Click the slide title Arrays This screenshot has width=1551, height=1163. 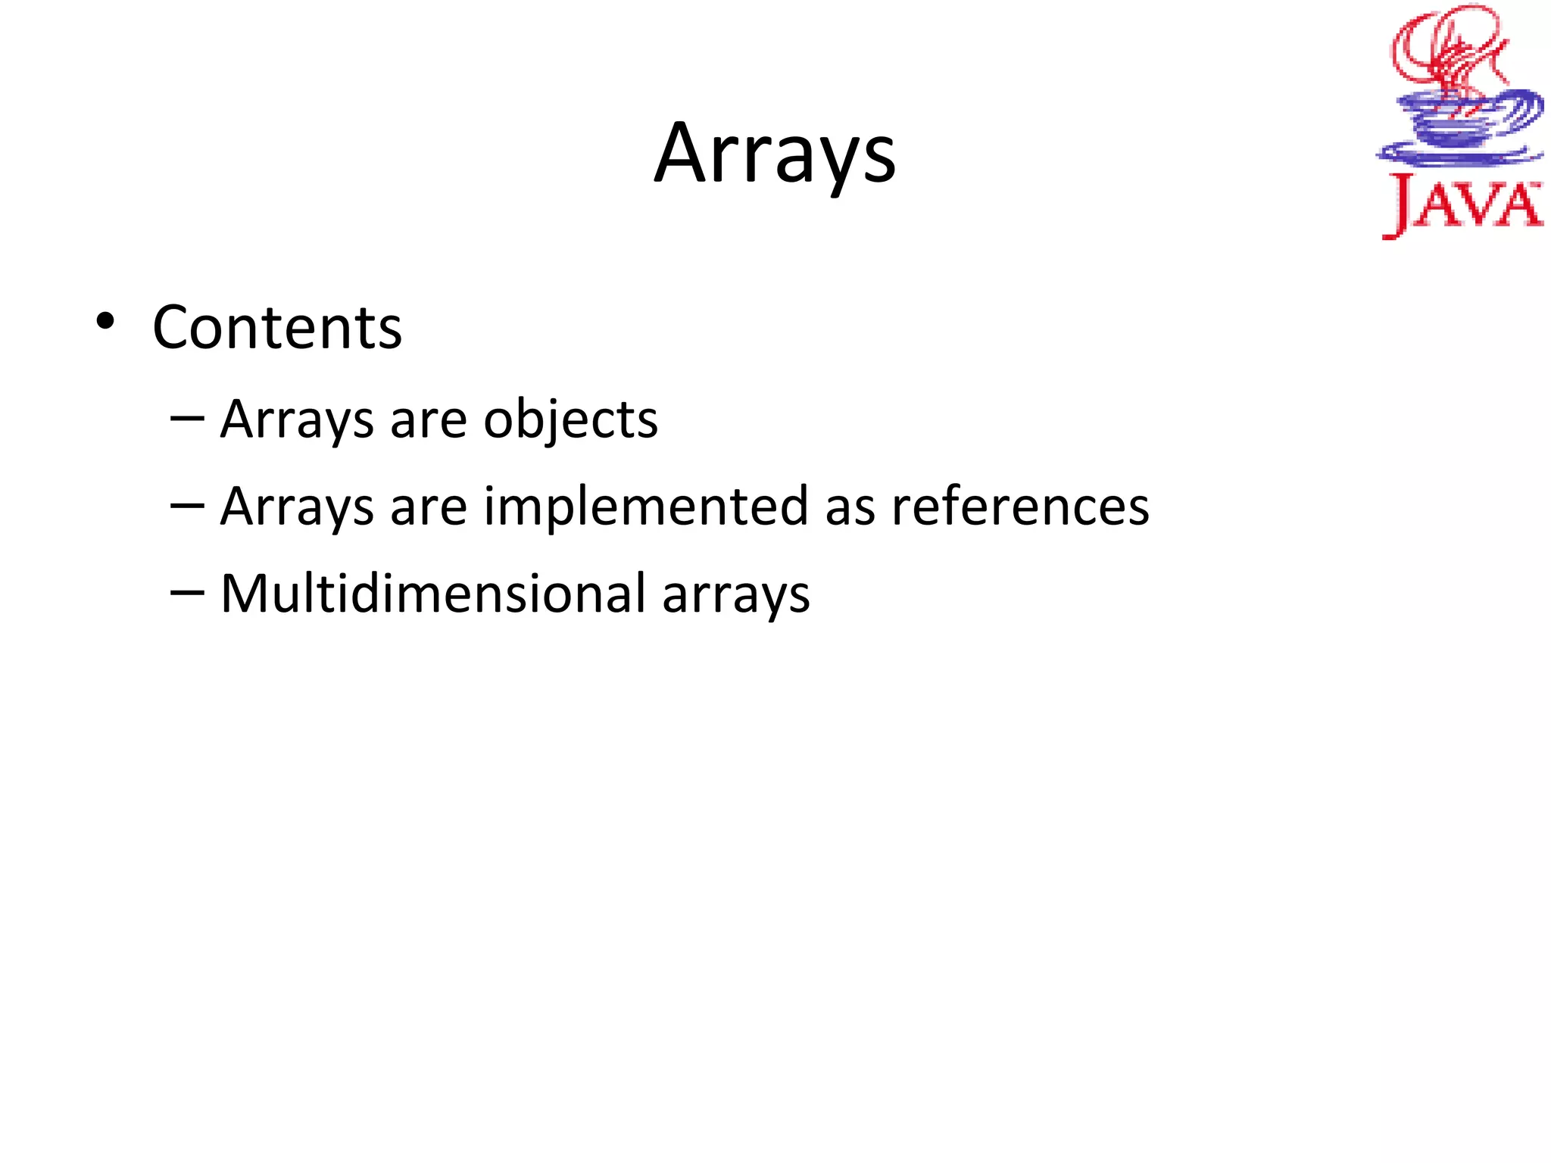coord(775,155)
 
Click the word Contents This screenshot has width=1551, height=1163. coord(277,328)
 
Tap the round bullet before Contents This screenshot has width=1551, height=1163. coord(105,322)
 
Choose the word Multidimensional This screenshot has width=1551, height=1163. coord(432,594)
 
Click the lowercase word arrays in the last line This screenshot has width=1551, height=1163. coord(735,595)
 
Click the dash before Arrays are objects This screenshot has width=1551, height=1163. coord(187,418)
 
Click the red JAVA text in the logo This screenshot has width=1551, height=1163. coord(1462,204)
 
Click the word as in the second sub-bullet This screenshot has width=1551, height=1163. coord(850,507)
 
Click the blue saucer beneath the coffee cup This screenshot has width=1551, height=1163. coord(1458,155)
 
